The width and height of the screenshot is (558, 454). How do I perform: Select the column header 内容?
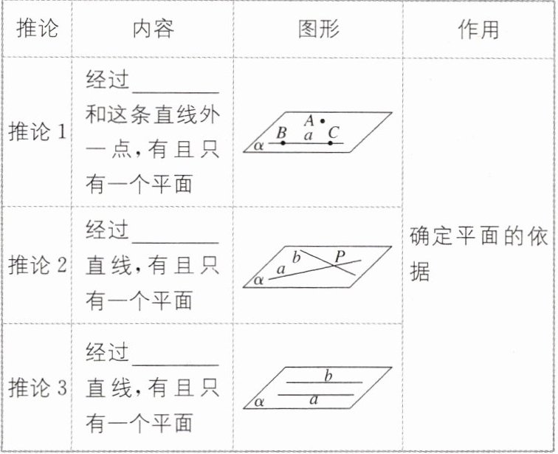154,30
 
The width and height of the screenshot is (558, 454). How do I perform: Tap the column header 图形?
319,30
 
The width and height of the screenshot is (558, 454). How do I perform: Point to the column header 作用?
478,30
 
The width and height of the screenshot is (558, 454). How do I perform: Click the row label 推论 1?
38,133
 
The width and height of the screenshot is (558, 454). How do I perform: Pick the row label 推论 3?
38,388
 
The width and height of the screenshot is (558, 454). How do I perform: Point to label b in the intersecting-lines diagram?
297,258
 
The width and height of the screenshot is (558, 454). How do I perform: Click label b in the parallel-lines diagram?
328,376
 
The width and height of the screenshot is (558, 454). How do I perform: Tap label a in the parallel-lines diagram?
314,400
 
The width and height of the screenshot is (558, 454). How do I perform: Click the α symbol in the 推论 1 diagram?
258,145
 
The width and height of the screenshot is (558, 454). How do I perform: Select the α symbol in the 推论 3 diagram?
258,402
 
